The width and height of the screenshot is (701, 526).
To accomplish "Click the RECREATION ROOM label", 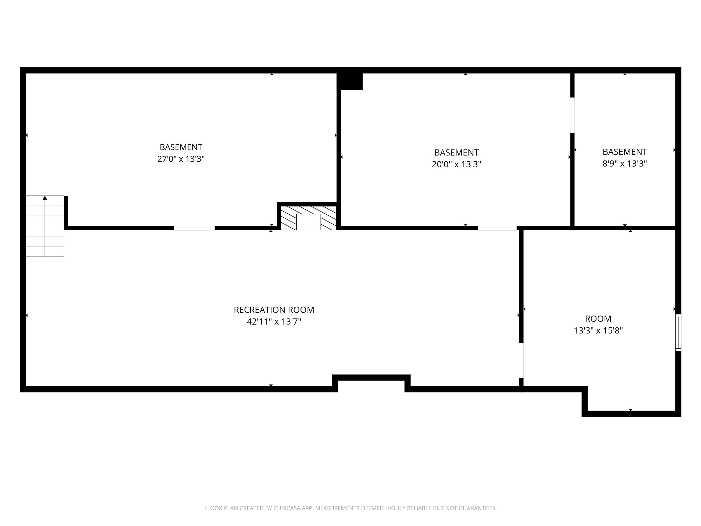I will click(x=274, y=310).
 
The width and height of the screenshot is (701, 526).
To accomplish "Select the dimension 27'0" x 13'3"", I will click(x=181, y=159).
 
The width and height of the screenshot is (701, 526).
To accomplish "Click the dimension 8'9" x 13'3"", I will click(x=624, y=164).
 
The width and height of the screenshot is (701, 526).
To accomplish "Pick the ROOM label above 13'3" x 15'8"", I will click(x=598, y=319).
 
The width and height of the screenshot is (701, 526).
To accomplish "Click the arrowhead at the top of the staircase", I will click(x=45, y=198).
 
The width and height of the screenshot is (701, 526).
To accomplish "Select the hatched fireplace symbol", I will click(x=308, y=218).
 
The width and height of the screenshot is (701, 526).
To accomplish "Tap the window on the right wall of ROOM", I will click(x=678, y=332).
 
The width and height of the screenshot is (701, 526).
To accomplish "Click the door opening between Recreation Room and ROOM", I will click(x=521, y=360).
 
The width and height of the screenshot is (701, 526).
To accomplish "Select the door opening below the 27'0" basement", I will click(x=194, y=228).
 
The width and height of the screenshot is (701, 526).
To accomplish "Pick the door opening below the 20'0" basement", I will click(x=497, y=228).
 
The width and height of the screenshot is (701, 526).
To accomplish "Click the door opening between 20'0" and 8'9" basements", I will click(x=572, y=115).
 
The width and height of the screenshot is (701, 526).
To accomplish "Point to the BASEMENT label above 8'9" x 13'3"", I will click(x=624, y=152).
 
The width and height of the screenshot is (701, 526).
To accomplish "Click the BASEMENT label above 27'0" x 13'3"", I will click(x=181, y=147).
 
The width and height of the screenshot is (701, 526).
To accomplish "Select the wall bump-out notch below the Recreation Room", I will click(x=371, y=383).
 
